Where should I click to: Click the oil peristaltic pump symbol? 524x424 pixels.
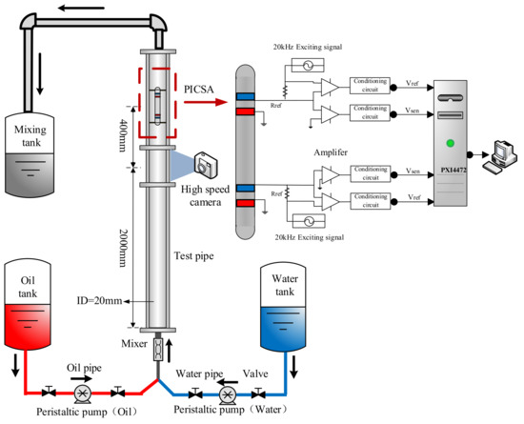point(85,392)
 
